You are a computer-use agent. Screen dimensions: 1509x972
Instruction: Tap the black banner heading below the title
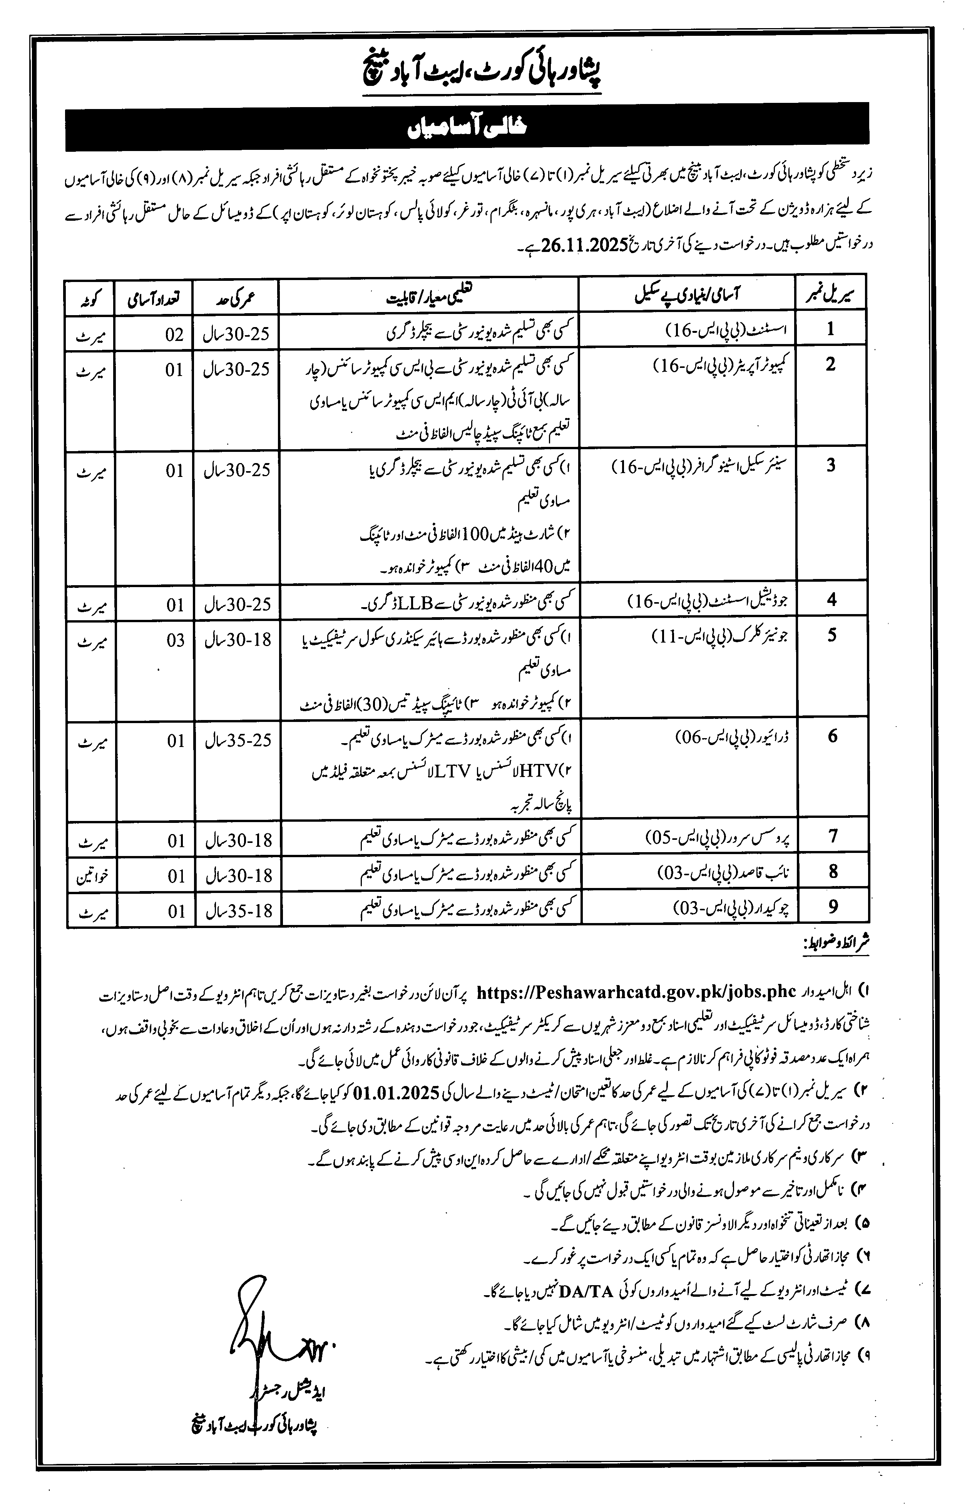(x=467, y=127)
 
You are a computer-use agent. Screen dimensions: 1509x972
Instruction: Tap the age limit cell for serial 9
(x=237, y=911)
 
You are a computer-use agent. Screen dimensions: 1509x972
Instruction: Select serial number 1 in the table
(x=831, y=329)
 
